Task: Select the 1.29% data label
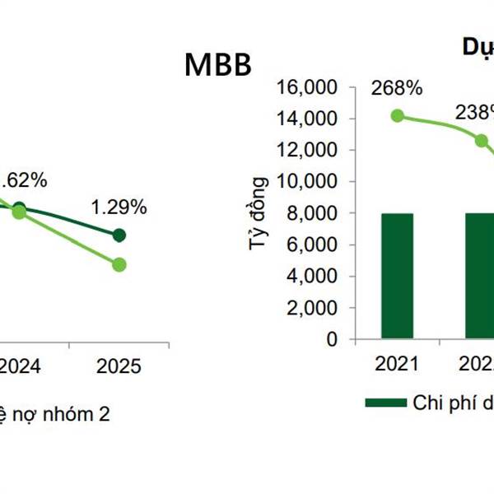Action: (x=119, y=207)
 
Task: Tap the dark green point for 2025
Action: (x=119, y=235)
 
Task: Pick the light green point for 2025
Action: (x=119, y=264)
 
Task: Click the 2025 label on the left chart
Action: (x=119, y=366)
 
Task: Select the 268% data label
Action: (x=397, y=87)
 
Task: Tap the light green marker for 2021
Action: (x=398, y=116)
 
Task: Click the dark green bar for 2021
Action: (x=398, y=276)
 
